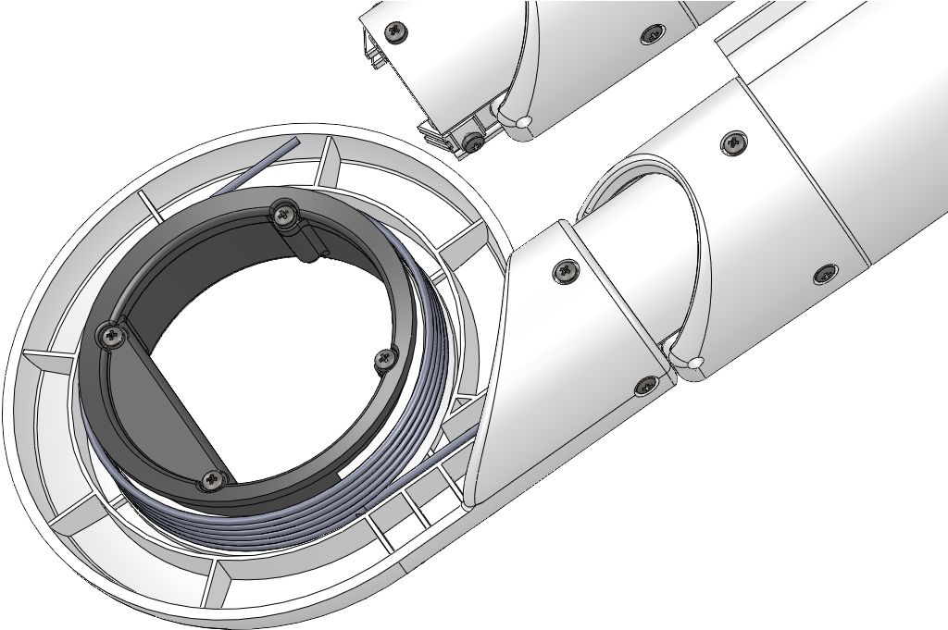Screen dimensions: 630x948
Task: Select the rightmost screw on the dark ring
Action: point(384,356)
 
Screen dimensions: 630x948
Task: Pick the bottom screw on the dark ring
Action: point(214,479)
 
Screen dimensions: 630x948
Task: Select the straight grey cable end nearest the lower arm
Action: point(435,458)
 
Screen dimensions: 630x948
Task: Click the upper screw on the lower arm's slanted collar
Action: point(564,270)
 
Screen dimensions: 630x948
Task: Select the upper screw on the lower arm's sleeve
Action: point(735,142)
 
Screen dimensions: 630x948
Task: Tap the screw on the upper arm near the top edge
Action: point(652,33)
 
